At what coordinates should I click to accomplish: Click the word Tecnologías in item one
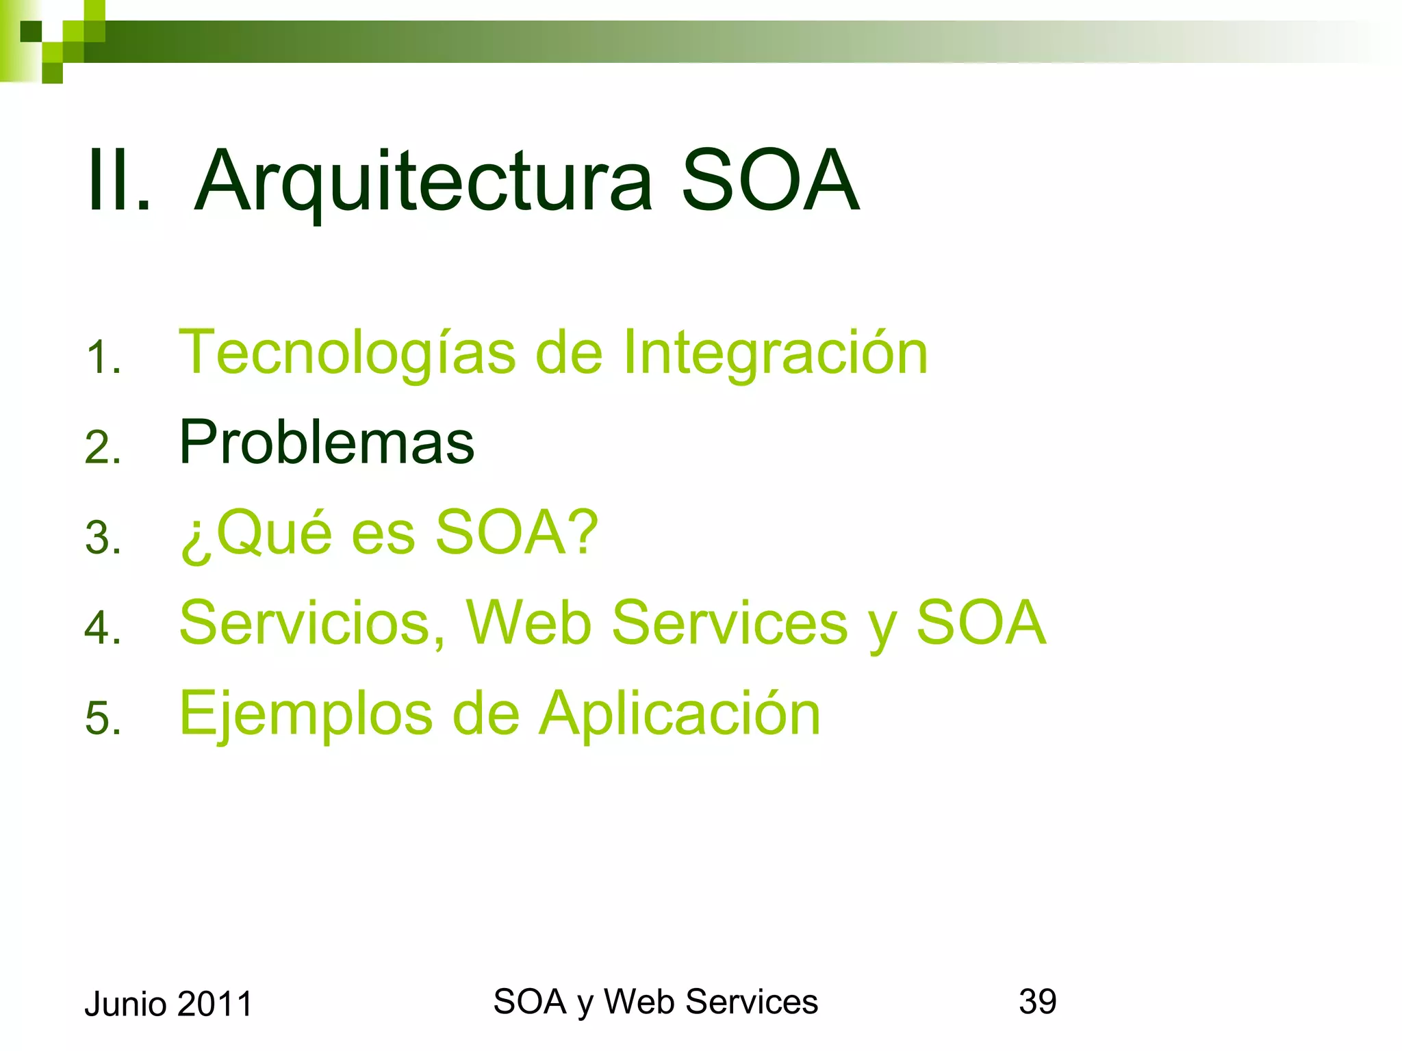347,353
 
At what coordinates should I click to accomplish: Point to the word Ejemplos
306,713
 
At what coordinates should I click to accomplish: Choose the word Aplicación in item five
680,713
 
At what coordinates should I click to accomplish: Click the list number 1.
103,358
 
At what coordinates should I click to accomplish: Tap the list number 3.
103,537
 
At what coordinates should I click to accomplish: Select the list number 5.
103,718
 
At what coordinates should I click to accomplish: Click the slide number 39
1037,1002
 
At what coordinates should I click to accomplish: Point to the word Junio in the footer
126,1004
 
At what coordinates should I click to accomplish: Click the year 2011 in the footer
215,1004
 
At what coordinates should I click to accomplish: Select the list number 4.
103,627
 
